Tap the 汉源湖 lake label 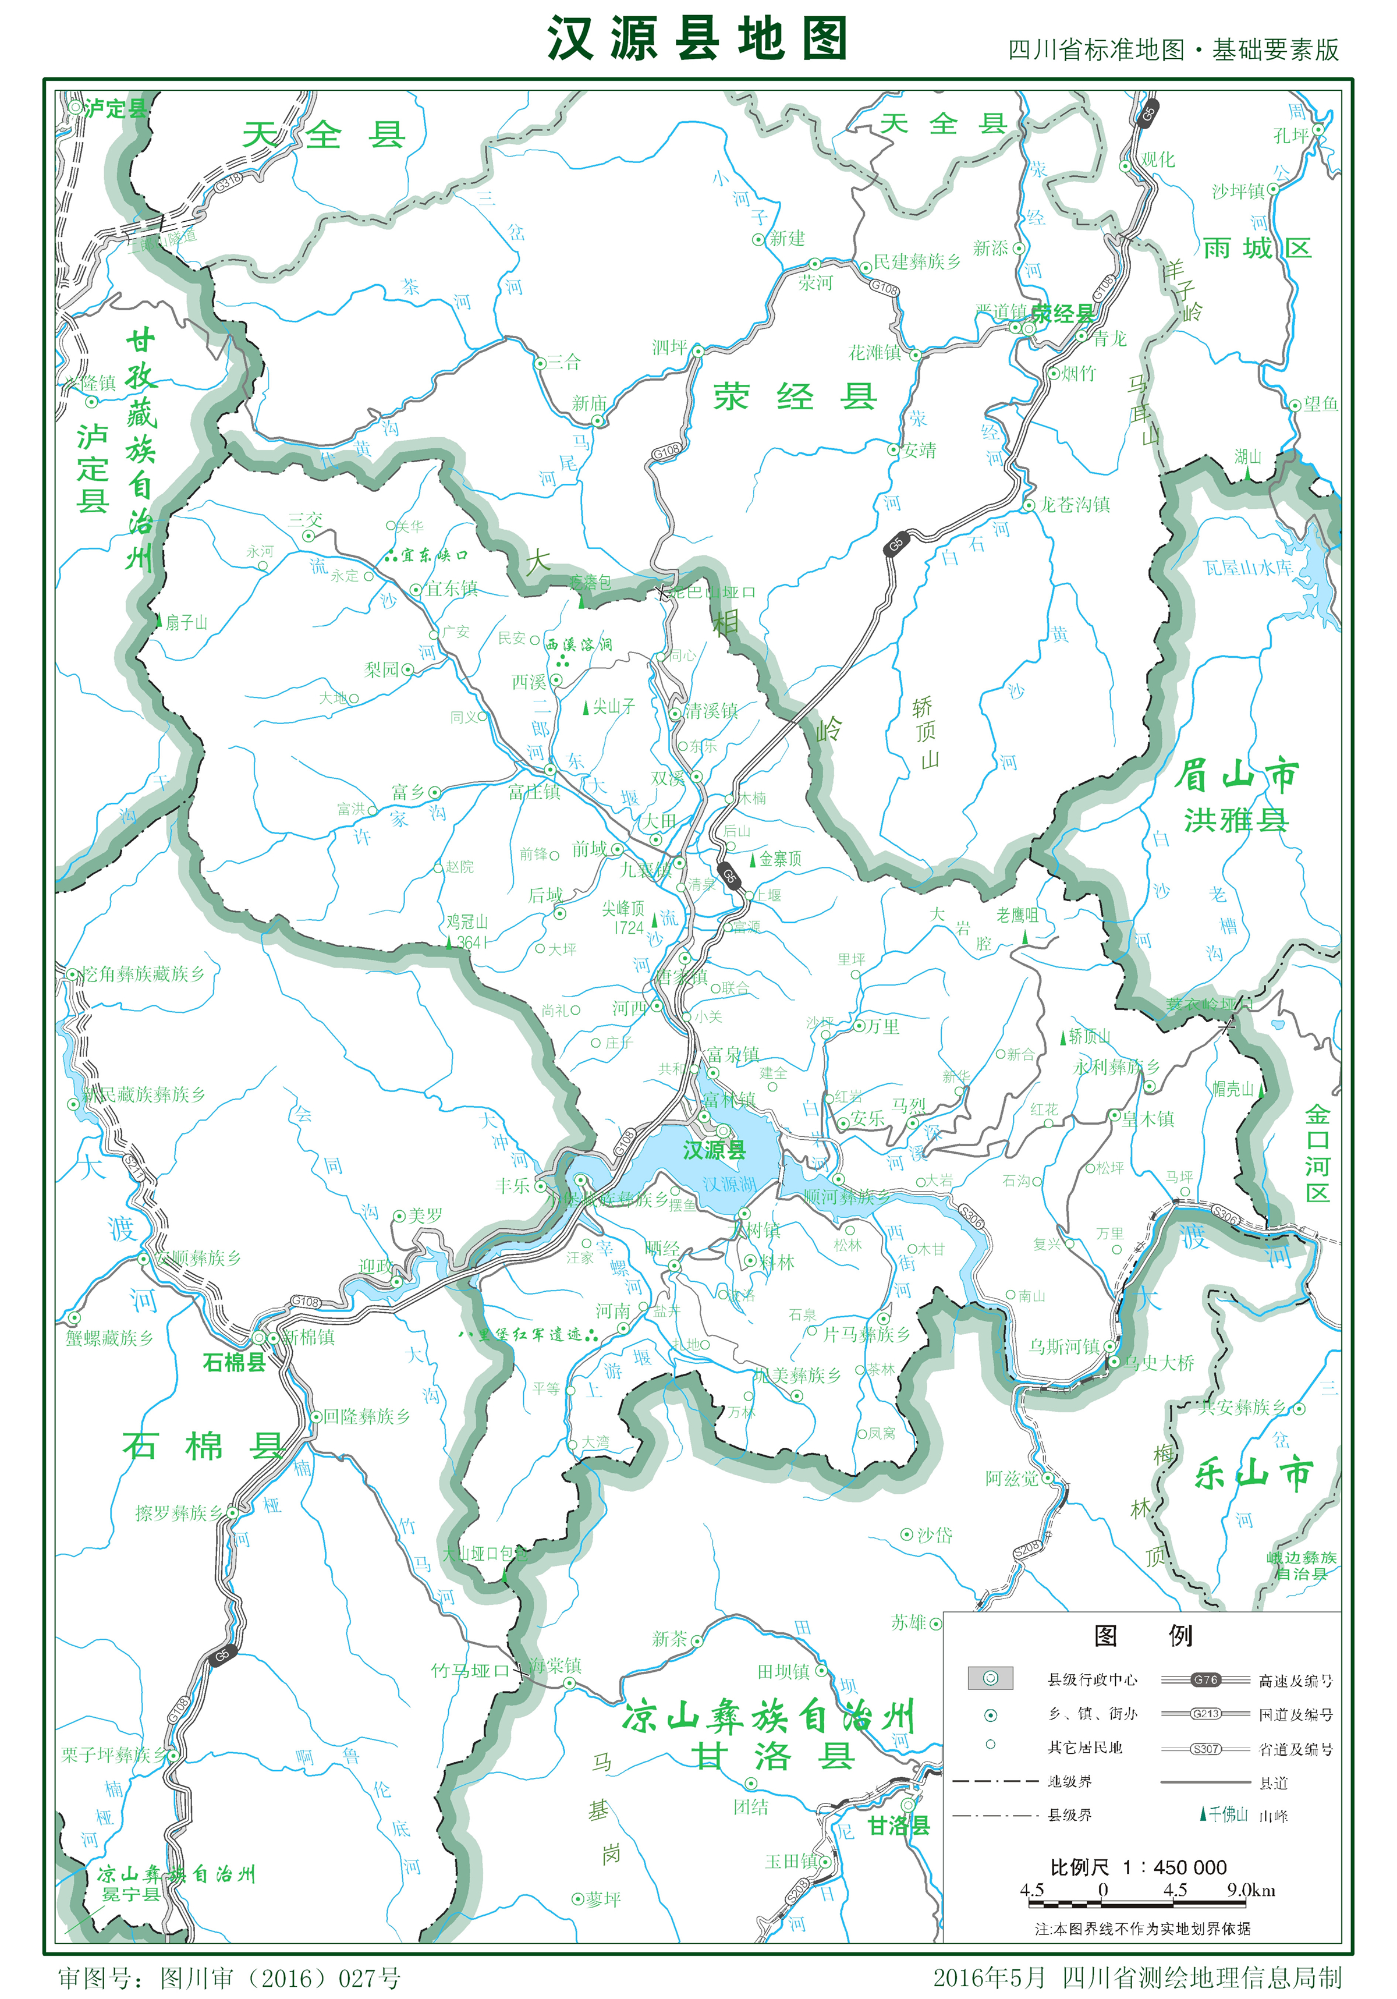click(x=729, y=1184)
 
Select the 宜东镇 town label click(x=452, y=589)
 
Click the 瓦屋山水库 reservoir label click(x=1247, y=568)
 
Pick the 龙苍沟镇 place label click(x=1075, y=505)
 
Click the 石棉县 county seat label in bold click(x=233, y=1363)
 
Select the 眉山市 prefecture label click(x=1236, y=774)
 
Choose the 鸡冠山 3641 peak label click(x=467, y=931)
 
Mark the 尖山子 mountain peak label click(x=614, y=707)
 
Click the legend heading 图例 click(x=1142, y=1636)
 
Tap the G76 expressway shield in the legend click(x=1205, y=1679)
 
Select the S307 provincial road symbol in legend click(x=1205, y=1748)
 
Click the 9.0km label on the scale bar click(x=1251, y=1890)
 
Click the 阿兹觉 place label click(x=1012, y=1479)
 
